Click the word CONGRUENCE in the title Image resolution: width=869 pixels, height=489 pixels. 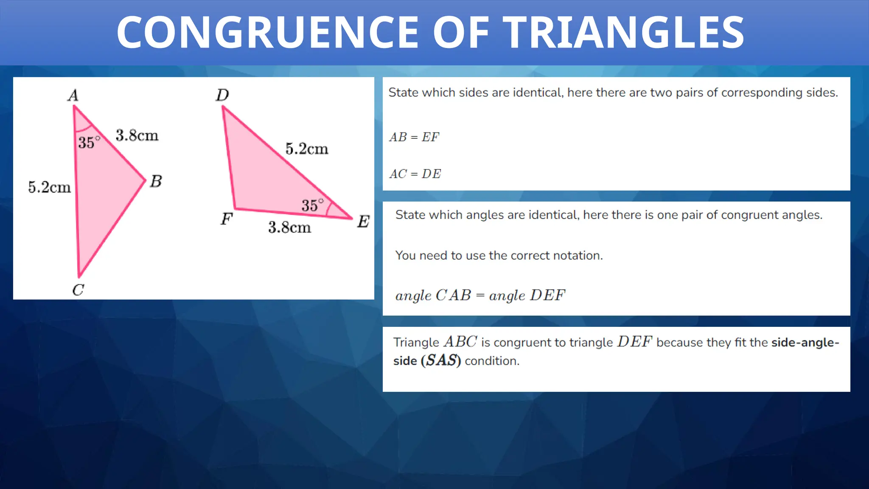(268, 32)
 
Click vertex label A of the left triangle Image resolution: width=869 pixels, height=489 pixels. (73, 96)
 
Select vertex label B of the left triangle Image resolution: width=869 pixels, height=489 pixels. (156, 181)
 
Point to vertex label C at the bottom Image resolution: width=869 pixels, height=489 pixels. (78, 290)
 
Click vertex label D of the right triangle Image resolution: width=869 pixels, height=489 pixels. (222, 95)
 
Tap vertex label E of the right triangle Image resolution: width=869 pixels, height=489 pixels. (363, 222)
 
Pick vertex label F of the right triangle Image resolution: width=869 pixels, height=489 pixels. (227, 219)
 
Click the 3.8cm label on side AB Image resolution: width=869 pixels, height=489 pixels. (137, 136)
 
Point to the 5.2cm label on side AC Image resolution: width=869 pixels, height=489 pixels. (49, 187)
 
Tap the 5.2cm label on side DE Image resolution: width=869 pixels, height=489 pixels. (307, 149)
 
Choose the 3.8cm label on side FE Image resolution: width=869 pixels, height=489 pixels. (289, 228)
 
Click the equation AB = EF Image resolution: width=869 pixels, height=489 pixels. (414, 138)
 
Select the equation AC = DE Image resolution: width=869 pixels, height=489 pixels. (415, 174)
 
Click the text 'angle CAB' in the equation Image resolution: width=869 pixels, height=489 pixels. (433, 295)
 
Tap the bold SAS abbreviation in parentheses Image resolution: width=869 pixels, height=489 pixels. (441, 361)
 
